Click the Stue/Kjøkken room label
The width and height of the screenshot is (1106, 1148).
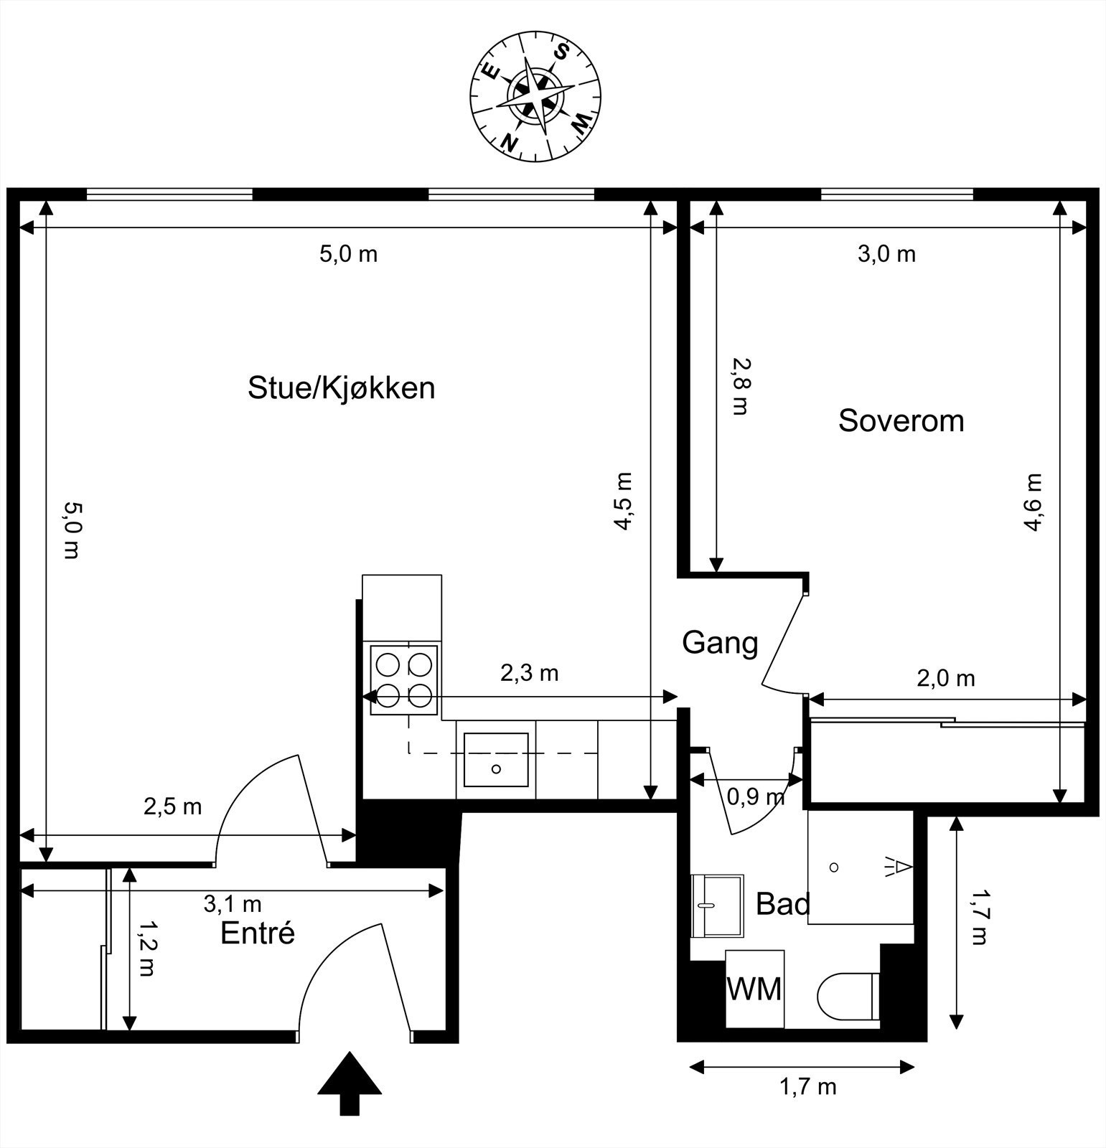coord(341,388)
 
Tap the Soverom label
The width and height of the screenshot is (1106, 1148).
coord(901,420)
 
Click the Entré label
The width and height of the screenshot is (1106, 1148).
coord(257,933)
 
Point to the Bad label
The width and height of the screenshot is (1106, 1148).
coord(782,904)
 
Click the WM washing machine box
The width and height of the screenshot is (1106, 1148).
coord(754,989)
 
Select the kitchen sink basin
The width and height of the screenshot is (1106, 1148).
coord(496,759)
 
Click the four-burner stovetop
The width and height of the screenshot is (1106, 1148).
coord(403,680)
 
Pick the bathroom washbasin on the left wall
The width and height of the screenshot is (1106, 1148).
coord(716,905)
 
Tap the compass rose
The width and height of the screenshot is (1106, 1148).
coord(535,98)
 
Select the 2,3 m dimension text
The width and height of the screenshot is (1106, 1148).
coord(529,673)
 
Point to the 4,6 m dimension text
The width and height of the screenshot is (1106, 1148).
coord(1033,502)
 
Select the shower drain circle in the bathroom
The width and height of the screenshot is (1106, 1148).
coord(833,867)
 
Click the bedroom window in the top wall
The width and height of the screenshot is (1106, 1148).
coord(896,194)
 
